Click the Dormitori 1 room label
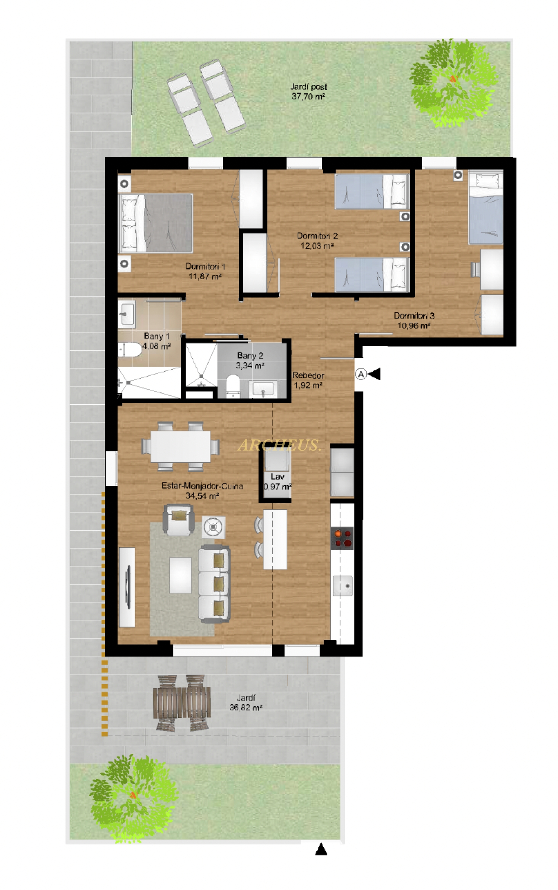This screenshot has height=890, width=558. (205, 267)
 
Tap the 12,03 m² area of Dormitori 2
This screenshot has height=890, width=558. (317, 246)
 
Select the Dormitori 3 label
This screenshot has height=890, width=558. (414, 316)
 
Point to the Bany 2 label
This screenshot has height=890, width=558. (250, 355)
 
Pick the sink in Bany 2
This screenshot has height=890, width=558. (263, 389)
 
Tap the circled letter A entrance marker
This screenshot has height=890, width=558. (361, 374)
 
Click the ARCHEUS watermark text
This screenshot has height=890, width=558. (279, 445)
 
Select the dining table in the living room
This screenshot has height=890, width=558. (180, 447)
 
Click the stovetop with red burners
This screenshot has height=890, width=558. (342, 538)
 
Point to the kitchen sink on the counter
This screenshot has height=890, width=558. (343, 586)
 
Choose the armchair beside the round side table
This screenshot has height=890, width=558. (179, 520)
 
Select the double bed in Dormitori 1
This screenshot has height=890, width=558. (155, 223)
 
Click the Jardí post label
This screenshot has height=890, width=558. (309, 87)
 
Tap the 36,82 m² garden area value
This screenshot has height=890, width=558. (246, 707)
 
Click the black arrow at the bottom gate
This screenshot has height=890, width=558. (321, 850)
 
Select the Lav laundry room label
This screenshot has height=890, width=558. (278, 476)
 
